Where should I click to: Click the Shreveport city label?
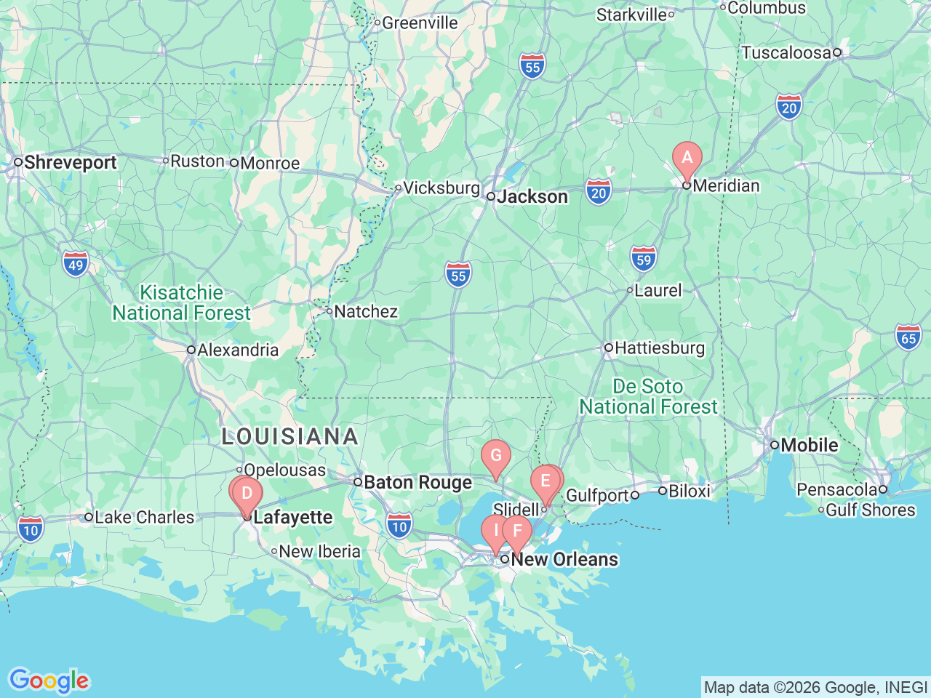coord(70,162)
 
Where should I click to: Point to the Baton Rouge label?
coord(417,483)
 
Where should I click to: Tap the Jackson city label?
coord(532,197)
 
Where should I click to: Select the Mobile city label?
coord(809,445)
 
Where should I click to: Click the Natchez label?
coord(365,312)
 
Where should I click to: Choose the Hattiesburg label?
coord(660,348)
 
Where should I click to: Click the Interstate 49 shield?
coord(76,264)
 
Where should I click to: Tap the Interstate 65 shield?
coord(908,337)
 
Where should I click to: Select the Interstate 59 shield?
coord(643,259)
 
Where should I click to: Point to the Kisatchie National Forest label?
coord(181,303)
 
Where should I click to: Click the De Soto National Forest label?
coord(648,397)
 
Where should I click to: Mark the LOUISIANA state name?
coord(289,436)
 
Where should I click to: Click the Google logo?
coord(49,681)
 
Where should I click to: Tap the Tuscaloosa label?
coord(786,53)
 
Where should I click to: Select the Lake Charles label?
coord(144,518)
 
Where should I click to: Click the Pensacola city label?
coord(836,490)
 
